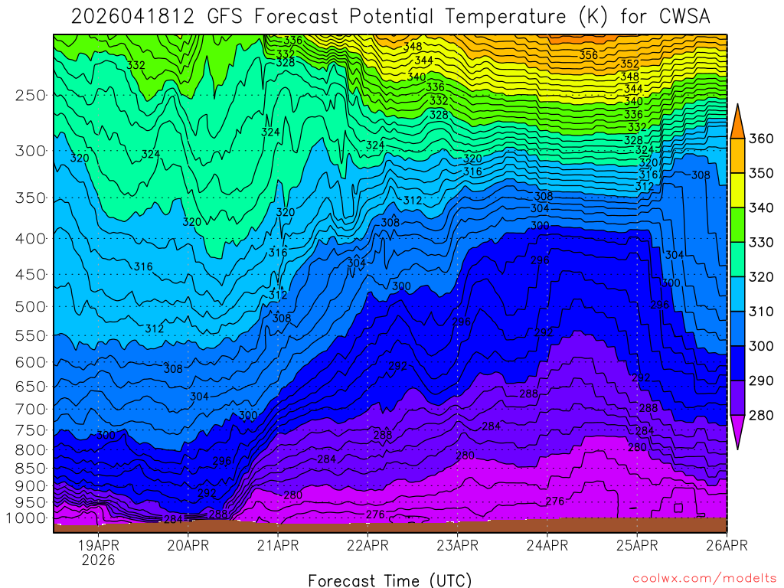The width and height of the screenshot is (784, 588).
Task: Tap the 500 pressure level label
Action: click(31, 306)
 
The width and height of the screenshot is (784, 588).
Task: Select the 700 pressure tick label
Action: click(31, 409)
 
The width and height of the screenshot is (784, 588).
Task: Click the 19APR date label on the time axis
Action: click(99, 545)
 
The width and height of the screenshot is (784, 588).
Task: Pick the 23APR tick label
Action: click(457, 545)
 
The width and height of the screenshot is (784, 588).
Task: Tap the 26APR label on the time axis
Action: click(727, 545)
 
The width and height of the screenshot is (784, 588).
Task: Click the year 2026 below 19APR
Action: click(99, 560)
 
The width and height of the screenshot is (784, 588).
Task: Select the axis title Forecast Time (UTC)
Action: click(390, 580)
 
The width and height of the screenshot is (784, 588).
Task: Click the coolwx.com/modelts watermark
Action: click(704, 577)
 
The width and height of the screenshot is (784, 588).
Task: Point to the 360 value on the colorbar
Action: click(762, 139)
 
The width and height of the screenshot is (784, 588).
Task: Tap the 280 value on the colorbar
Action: click(762, 416)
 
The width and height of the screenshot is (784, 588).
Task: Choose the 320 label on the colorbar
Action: click(762, 277)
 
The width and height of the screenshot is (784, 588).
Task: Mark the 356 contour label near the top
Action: click(588, 55)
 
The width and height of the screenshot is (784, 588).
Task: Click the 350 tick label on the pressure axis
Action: click(31, 198)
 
